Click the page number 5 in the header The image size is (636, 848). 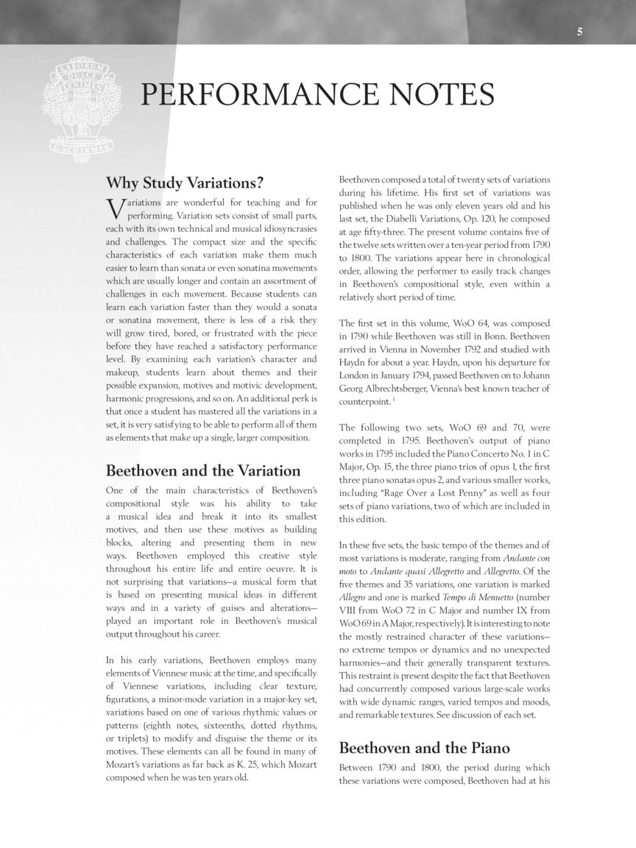[580, 32]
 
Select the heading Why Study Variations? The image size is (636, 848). [185, 182]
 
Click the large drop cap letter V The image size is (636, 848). [115, 209]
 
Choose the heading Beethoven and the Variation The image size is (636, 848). [203, 470]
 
